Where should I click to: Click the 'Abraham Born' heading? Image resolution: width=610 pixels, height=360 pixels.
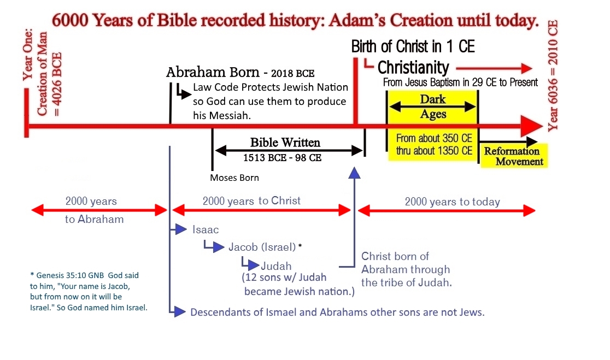213,72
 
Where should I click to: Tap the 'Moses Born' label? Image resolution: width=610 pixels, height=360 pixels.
234,178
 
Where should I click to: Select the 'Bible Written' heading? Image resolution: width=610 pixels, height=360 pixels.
285,142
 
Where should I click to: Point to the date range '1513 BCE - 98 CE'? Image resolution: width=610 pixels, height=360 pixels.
283,158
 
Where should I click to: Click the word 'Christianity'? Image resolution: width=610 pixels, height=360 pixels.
413,68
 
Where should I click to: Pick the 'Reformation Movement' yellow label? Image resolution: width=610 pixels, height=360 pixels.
513,156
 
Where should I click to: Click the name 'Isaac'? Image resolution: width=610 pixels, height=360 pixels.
206,230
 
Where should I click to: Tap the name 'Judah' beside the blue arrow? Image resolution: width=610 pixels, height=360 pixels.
276,266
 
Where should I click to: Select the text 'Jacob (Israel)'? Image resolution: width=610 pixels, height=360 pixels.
262,247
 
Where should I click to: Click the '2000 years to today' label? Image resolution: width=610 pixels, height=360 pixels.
453,202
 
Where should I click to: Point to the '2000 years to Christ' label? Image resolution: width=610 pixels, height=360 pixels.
251,201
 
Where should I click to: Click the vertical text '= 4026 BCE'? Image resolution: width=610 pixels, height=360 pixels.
57,84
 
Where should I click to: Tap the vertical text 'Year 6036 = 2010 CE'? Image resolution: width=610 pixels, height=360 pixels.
553,76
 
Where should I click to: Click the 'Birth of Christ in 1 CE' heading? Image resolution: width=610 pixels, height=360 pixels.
413,46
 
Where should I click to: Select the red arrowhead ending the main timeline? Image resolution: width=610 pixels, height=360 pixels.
532,126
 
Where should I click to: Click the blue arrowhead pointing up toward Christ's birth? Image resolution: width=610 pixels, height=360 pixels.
354,173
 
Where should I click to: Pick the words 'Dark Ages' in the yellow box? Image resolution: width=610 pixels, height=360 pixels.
433,107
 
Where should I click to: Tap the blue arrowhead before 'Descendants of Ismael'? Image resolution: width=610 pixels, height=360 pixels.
180,311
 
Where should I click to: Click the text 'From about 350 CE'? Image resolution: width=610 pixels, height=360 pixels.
434,138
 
